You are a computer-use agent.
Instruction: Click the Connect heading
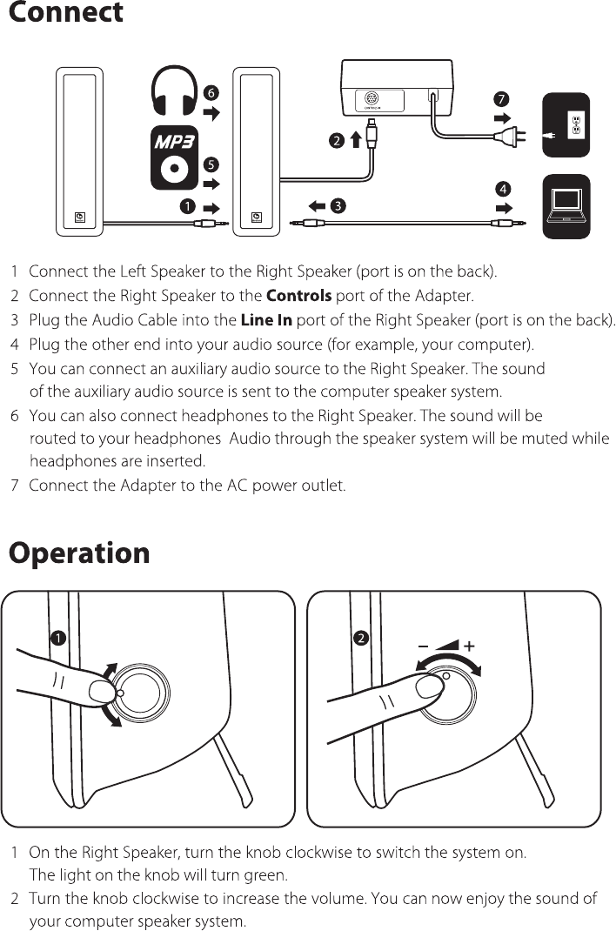click(66, 14)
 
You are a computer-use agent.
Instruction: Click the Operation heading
click(79, 553)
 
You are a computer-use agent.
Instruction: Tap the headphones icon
click(173, 91)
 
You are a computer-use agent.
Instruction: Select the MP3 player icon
click(173, 160)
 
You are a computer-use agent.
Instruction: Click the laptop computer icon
click(566, 207)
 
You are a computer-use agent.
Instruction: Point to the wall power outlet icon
click(566, 125)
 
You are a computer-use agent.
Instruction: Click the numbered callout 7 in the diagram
click(501, 97)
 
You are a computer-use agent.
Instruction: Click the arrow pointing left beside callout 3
click(317, 206)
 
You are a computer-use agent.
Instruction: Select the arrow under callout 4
click(502, 209)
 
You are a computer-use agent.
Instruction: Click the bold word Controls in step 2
click(298, 297)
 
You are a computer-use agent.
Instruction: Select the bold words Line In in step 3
click(266, 321)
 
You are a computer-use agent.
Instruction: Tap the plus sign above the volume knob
click(470, 646)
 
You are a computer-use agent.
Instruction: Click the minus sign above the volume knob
click(423, 646)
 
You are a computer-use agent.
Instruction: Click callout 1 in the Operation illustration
click(57, 638)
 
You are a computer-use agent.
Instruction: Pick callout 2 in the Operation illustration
click(361, 638)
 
